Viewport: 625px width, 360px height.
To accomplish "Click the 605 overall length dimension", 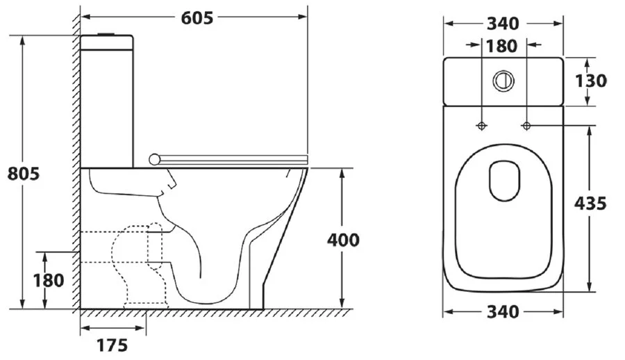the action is pyautogui.click(x=197, y=18).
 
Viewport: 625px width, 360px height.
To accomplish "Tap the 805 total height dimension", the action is pyautogui.click(x=24, y=174).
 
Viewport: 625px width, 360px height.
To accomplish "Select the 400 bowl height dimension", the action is pyautogui.click(x=343, y=240).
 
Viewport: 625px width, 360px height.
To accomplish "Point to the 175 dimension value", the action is pyautogui.click(x=112, y=345).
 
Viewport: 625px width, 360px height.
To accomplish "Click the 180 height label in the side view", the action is pyautogui.click(x=48, y=281).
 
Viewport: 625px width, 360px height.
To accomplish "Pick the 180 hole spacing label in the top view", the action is pyautogui.click(x=501, y=47).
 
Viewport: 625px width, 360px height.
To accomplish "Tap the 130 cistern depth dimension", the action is pyautogui.click(x=591, y=81).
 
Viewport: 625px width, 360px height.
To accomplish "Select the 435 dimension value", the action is pyautogui.click(x=590, y=204).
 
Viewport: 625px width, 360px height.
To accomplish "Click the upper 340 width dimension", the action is pyautogui.click(x=503, y=24).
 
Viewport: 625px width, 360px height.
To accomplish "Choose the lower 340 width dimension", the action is pyautogui.click(x=503, y=312).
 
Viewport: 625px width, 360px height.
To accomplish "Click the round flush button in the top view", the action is pyautogui.click(x=503, y=81).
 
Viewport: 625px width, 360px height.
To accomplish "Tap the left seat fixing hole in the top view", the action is pyautogui.click(x=482, y=126).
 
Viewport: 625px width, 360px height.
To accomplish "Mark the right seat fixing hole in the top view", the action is pyautogui.click(x=526, y=126).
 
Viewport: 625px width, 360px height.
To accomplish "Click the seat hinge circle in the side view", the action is pyautogui.click(x=154, y=159).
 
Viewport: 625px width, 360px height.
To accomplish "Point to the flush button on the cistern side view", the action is pyautogui.click(x=106, y=34).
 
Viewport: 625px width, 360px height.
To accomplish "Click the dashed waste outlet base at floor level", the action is pyautogui.click(x=146, y=306).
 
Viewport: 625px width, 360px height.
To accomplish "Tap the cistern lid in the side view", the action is pyautogui.click(x=107, y=42).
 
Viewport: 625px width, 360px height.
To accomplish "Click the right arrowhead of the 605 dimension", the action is pyautogui.click(x=303, y=17).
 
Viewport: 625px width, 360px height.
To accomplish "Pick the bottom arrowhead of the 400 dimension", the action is pyautogui.click(x=342, y=303).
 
